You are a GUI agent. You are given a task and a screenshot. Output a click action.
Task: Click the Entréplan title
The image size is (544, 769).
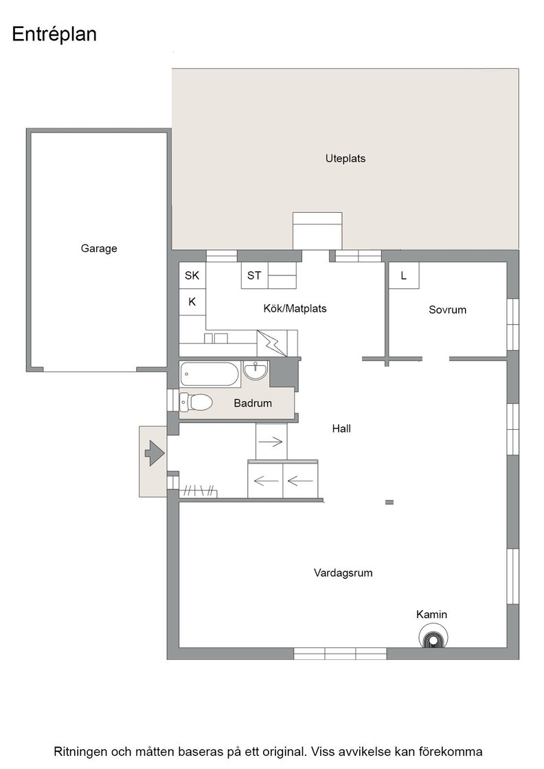pyautogui.click(x=54, y=35)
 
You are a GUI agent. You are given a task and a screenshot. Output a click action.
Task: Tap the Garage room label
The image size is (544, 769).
pyautogui.click(x=99, y=249)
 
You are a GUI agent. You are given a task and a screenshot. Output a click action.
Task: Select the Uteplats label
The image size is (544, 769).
pyautogui.click(x=345, y=159)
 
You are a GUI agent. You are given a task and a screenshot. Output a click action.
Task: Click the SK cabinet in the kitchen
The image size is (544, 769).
pyautogui.click(x=192, y=275)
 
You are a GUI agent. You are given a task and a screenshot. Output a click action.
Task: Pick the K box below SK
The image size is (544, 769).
pyautogui.click(x=192, y=302)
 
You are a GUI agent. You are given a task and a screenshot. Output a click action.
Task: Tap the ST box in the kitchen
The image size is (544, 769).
pyautogui.click(x=254, y=275)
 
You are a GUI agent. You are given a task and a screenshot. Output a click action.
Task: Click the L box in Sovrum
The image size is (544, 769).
pyautogui.click(x=404, y=275)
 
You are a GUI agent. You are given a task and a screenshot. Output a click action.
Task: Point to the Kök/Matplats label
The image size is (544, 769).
pyautogui.click(x=295, y=308)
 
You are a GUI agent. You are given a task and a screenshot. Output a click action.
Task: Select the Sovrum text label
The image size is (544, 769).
pyautogui.click(x=447, y=310)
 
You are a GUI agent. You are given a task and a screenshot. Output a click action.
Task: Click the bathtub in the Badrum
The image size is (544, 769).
pyautogui.click(x=209, y=374)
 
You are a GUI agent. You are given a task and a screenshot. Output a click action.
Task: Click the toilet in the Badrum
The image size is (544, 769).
pyautogui.click(x=196, y=403)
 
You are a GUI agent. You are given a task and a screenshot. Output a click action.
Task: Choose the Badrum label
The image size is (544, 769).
pyautogui.click(x=253, y=403)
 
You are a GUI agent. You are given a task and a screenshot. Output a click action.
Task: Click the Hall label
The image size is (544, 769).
pyautogui.click(x=341, y=428)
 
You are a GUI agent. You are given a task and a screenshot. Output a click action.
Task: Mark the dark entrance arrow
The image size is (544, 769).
pyautogui.click(x=154, y=452)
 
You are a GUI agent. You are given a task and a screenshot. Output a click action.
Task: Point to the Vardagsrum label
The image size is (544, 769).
pyautogui.click(x=343, y=573)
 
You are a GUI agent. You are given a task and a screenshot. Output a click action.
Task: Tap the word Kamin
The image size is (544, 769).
pyautogui.click(x=431, y=615)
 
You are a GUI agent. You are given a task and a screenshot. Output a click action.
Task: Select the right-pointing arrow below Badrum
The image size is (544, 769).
pyautogui.click(x=271, y=442)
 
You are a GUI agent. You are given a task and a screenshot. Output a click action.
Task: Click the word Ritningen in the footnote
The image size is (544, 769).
pyautogui.click(x=80, y=752)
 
